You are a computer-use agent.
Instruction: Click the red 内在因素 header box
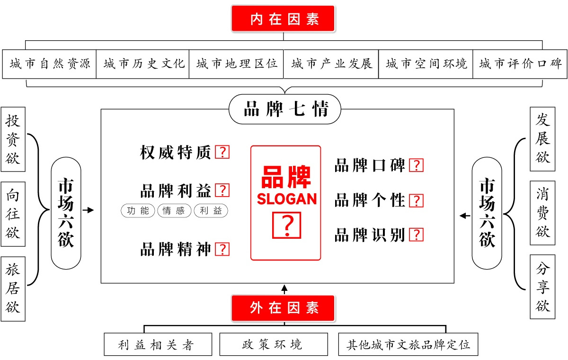click(283, 19)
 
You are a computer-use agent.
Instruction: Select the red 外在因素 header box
click(283, 308)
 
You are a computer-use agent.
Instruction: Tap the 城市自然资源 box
click(49, 64)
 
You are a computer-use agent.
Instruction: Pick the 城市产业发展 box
click(331, 64)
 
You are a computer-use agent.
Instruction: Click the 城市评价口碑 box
click(520, 64)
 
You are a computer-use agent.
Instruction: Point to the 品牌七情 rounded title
click(285, 109)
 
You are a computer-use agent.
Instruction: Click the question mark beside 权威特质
click(222, 152)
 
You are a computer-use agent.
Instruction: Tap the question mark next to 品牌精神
click(222, 249)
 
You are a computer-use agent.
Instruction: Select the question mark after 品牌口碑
click(417, 165)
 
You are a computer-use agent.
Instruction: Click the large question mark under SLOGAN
click(286, 225)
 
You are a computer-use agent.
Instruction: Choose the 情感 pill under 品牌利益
click(174, 211)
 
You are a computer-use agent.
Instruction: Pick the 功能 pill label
click(138, 211)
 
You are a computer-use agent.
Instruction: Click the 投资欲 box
click(13, 139)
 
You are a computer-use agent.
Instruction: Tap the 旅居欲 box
click(13, 289)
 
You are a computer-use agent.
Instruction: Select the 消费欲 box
click(542, 213)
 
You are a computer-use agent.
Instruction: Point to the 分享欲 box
click(542, 287)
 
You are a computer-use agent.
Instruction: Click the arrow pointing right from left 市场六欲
click(88, 210)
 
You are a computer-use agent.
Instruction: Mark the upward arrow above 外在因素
click(284, 289)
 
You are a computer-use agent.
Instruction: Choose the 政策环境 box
click(274, 344)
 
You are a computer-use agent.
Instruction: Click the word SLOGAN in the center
click(287, 198)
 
